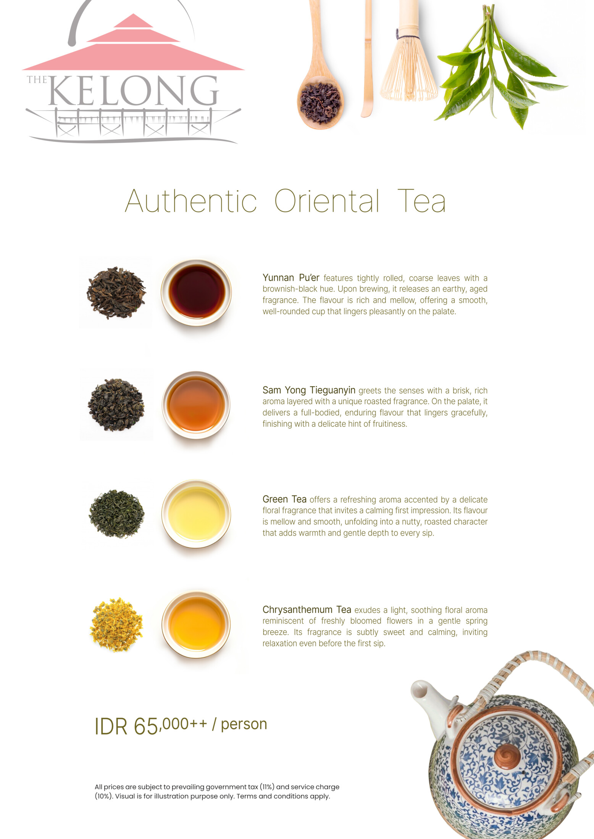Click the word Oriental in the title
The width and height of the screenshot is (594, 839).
click(x=327, y=201)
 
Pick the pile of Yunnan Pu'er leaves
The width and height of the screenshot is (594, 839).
click(x=116, y=293)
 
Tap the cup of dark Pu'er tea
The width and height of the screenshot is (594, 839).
click(x=196, y=293)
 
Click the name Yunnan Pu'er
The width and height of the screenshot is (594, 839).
click(x=291, y=278)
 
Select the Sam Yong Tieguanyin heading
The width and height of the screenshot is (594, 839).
click(x=309, y=390)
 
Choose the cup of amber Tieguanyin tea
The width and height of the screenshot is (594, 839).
click(x=196, y=405)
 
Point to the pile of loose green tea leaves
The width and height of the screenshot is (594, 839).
click(x=117, y=514)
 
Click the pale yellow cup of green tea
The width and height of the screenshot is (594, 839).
click(x=196, y=514)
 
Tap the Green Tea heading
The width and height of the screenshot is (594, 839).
click(x=284, y=499)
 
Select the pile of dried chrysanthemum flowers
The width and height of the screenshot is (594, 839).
click(x=116, y=625)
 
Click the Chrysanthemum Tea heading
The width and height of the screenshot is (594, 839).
click(x=307, y=610)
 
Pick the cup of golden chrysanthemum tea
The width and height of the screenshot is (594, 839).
click(x=196, y=624)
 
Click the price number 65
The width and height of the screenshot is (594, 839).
click(x=145, y=726)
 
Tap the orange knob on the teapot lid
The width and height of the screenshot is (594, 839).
click(x=507, y=756)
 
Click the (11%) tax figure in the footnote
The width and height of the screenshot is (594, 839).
click(x=267, y=787)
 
